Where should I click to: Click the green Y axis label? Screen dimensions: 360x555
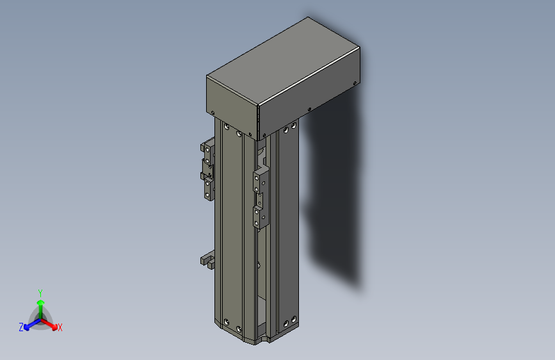[x=40, y=292]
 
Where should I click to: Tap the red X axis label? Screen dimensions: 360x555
[x=60, y=328]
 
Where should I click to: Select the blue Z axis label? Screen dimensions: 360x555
[x=21, y=327]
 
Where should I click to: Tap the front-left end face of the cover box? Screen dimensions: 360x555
[x=231, y=106]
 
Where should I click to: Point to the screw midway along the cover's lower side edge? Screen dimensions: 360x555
[x=309, y=109]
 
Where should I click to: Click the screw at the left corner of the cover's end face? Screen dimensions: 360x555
[x=211, y=113]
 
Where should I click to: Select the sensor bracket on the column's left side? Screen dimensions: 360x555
[x=208, y=170]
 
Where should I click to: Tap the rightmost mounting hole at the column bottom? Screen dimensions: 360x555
[x=294, y=318]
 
